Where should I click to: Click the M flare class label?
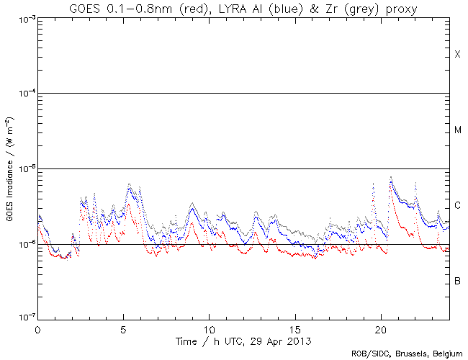[457, 130]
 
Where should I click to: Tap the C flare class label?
[457, 205]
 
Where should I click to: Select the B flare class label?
[457, 280]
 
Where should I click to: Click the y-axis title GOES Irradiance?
[9, 192]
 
